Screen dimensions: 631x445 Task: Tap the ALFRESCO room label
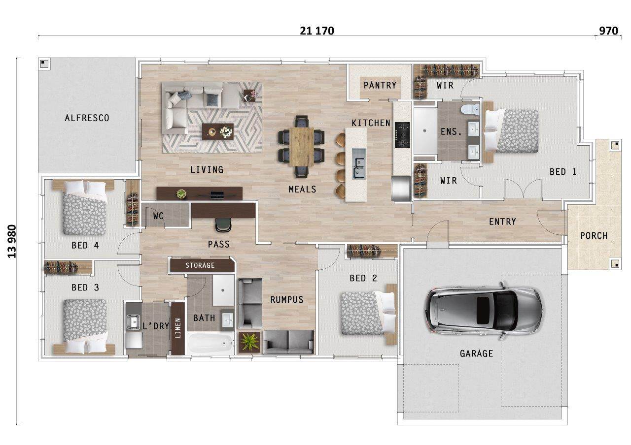point(87,118)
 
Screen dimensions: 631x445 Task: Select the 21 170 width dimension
point(317,31)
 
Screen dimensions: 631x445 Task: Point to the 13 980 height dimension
point(12,241)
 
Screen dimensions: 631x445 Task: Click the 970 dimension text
point(608,31)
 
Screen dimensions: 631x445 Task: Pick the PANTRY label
point(380,85)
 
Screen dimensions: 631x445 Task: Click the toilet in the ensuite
point(470,109)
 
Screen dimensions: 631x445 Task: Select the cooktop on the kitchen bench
point(402,135)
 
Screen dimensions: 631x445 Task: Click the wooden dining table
point(302,147)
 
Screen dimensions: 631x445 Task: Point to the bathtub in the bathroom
point(210,343)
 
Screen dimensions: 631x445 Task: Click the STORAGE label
point(200,265)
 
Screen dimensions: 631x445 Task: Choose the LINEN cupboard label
point(178,328)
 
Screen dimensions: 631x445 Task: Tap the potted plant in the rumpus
point(249,342)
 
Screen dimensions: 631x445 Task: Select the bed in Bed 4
point(84,208)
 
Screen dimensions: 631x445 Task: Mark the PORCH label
point(594,236)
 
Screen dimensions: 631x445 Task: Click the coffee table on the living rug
point(218,131)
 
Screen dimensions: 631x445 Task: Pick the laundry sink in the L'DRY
point(134,322)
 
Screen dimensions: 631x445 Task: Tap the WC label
point(158,216)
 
